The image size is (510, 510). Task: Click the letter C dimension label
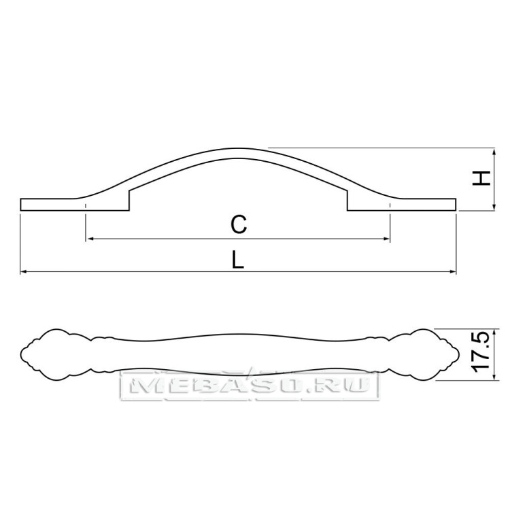tap(239, 224)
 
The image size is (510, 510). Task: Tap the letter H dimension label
tap(481, 178)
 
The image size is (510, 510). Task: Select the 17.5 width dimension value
tap(481, 352)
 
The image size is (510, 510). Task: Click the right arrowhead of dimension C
tap(386, 239)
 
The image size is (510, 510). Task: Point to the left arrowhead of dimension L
tap(23, 271)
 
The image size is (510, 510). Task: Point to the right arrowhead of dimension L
tap(453, 271)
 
